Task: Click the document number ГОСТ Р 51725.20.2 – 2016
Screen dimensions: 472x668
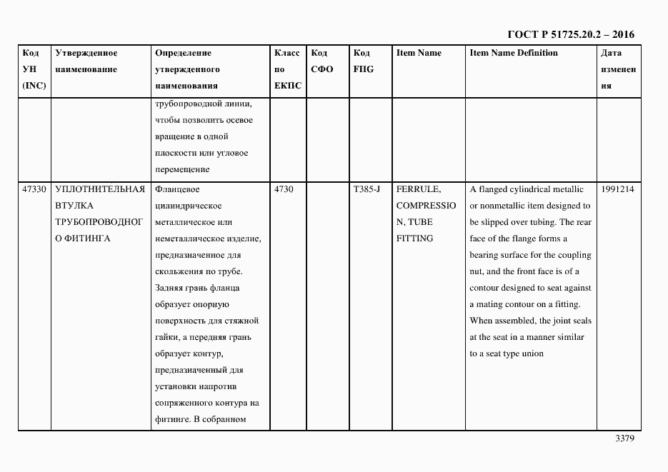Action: [x=570, y=34]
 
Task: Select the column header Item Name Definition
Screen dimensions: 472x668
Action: [x=514, y=53]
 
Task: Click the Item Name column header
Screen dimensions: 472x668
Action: [x=419, y=53]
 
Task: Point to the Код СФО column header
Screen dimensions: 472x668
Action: [x=323, y=61]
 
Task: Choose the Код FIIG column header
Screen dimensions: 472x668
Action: [x=363, y=61]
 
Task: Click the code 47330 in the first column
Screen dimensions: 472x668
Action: [x=34, y=189]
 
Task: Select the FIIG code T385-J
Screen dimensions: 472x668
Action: [x=367, y=189]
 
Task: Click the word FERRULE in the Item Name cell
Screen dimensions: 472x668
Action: [x=418, y=189]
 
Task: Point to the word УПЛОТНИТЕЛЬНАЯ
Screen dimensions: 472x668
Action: [x=100, y=189]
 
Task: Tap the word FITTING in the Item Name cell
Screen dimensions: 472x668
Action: [x=414, y=238]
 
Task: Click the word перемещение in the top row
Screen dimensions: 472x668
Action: [x=181, y=170]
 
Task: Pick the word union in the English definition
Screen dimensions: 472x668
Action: [x=533, y=353]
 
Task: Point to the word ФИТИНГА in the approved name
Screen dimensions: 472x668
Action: [x=86, y=238]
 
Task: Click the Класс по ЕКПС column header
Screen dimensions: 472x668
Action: [x=287, y=69]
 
